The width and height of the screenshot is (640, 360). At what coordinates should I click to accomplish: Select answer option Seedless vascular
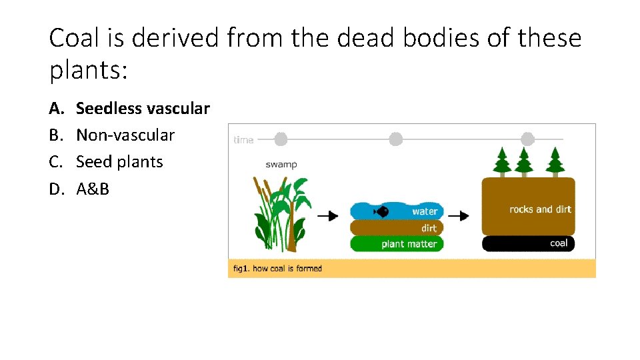[143, 108]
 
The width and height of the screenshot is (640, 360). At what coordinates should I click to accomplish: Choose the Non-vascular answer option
[125, 135]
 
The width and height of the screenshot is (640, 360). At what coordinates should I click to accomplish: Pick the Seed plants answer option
[119, 161]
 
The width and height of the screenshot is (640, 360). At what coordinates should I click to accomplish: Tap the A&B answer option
[93, 189]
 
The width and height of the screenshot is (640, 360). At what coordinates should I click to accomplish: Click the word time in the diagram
[243, 140]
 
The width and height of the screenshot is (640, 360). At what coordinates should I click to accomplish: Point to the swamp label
[281, 165]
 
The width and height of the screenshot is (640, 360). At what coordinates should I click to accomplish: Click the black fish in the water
[382, 211]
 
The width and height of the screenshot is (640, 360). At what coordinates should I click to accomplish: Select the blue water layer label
[425, 211]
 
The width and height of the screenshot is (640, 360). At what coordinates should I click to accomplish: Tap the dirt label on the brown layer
[429, 228]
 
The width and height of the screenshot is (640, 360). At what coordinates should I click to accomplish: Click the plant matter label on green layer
[409, 244]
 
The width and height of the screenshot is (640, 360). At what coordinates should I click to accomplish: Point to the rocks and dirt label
[540, 209]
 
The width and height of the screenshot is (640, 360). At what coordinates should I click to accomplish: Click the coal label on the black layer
[559, 243]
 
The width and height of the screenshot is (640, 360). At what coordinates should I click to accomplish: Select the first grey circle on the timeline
[281, 139]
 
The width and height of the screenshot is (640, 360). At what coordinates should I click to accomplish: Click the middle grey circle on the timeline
[396, 139]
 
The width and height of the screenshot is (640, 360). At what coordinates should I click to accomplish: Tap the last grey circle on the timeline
[527, 139]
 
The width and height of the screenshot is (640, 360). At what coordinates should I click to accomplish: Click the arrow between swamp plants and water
[327, 216]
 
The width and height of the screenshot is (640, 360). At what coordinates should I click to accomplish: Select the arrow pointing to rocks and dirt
[458, 216]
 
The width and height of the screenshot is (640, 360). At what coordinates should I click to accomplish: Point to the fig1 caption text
[277, 269]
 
